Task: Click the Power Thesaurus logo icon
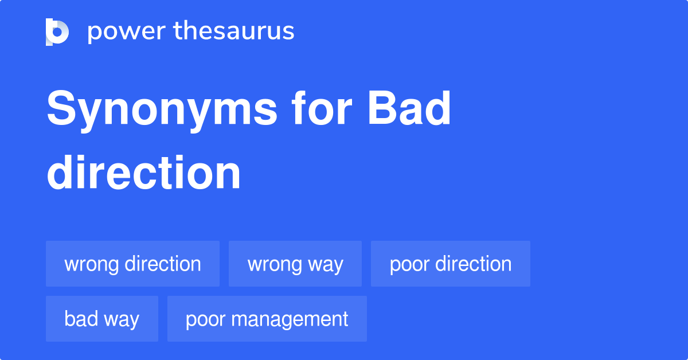point(57,32)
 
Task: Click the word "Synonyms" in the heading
point(162,110)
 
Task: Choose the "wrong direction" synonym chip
point(132,264)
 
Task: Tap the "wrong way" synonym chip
point(295,264)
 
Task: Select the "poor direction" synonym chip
point(450,264)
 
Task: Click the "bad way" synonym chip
point(101,319)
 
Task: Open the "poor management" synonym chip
point(267,319)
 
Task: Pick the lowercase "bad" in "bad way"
point(80,319)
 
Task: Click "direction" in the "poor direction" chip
point(474,264)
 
